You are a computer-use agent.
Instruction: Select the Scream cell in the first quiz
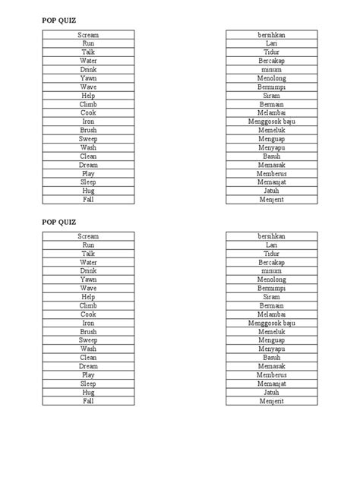coord(88,35)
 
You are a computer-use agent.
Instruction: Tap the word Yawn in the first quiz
coord(88,78)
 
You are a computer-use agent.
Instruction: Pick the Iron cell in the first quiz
coord(88,122)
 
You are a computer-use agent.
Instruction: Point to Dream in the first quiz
coord(88,165)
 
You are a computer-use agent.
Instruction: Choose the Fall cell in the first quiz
coord(88,200)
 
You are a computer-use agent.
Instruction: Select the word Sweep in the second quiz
coord(88,340)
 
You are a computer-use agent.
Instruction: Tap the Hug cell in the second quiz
coord(88,392)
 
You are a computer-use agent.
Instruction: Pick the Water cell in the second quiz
coord(88,262)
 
